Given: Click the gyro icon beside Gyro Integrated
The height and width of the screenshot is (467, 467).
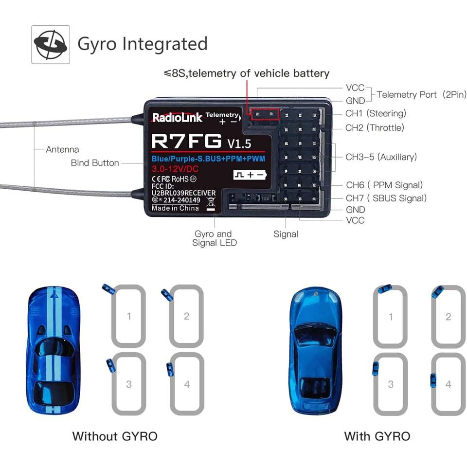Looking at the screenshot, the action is coord(51,44).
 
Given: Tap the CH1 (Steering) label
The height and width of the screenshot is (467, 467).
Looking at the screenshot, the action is coord(375,113).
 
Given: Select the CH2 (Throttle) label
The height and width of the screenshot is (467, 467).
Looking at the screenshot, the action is coord(375,128).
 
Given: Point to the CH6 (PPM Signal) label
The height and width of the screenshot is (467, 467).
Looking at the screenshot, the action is coord(384,185).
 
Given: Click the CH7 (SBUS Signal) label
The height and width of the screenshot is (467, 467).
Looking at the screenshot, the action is coord(386,198).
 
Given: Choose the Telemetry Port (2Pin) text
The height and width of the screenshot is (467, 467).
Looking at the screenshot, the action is coord(421,94).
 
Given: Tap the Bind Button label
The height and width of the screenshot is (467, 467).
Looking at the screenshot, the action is coord(95,163).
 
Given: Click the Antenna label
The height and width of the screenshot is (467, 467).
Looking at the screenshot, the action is coord(62,149).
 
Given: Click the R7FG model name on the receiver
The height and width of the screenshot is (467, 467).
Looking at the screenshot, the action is coord(186,141).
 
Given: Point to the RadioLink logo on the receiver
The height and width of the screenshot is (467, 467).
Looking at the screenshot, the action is coord(177,117).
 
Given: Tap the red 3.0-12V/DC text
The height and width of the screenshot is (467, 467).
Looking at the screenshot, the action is coord(176,169).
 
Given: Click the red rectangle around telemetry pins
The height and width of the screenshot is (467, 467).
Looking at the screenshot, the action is coord(264,113).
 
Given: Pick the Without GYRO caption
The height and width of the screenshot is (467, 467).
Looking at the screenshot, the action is coord(115,436).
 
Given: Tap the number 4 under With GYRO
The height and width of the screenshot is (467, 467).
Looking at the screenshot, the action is coord(448,384).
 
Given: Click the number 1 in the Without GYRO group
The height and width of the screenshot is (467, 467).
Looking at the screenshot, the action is coord(129,317).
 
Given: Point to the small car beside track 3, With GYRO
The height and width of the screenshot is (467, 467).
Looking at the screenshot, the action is coord(376,369).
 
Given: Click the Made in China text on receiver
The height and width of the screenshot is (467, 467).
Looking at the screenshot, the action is coord(175,208).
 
